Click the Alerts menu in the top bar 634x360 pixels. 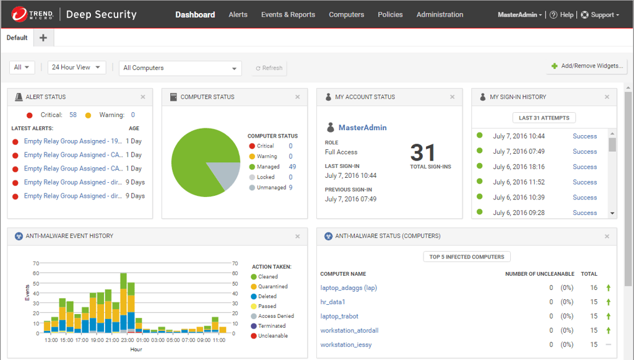coord(238,14)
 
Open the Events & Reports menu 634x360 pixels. coord(288,14)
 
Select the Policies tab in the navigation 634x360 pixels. coord(390,14)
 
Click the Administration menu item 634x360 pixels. coord(440,14)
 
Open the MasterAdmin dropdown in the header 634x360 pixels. coord(519,15)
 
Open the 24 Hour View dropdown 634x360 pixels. coord(77,68)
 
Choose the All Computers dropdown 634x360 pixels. coord(180,68)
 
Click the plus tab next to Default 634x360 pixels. coord(43,38)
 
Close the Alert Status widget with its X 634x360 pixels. coord(143,97)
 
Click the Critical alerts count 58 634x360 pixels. coord(73,115)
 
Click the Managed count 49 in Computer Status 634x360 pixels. coord(292,167)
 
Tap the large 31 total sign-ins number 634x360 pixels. coord(423,152)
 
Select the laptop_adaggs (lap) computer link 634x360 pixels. coord(349,288)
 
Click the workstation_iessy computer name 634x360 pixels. coord(346,345)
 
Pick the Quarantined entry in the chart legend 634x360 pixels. coord(272,286)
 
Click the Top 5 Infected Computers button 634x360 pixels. coord(467,257)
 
